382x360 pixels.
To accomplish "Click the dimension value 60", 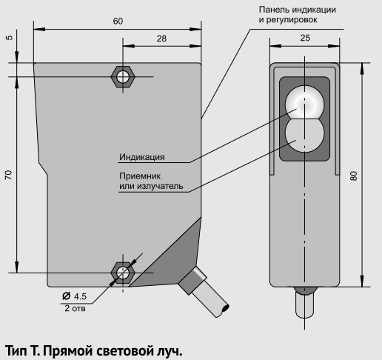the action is tap(118, 21).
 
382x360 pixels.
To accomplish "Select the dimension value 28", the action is tap(161, 39).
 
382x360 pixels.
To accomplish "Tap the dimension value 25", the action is tap(305, 38).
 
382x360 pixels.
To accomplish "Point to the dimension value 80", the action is tap(354, 176).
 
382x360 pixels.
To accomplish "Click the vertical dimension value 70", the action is tap(8, 175).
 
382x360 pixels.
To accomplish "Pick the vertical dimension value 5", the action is tap(9, 38).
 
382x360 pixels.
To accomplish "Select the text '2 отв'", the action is tap(75, 308).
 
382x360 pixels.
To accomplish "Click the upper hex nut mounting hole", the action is tap(123, 77).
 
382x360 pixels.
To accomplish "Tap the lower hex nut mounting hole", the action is tap(123, 273).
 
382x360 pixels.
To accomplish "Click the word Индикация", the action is tap(142, 157).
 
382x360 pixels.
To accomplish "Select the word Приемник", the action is tap(140, 176).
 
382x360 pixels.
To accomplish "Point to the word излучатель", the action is tap(160, 186).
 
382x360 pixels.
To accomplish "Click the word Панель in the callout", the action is tap(274, 10).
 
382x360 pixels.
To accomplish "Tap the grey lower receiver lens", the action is tap(304, 135).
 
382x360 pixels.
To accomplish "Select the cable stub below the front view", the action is tap(305, 303).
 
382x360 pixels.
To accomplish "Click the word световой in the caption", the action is tap(118, 350).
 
